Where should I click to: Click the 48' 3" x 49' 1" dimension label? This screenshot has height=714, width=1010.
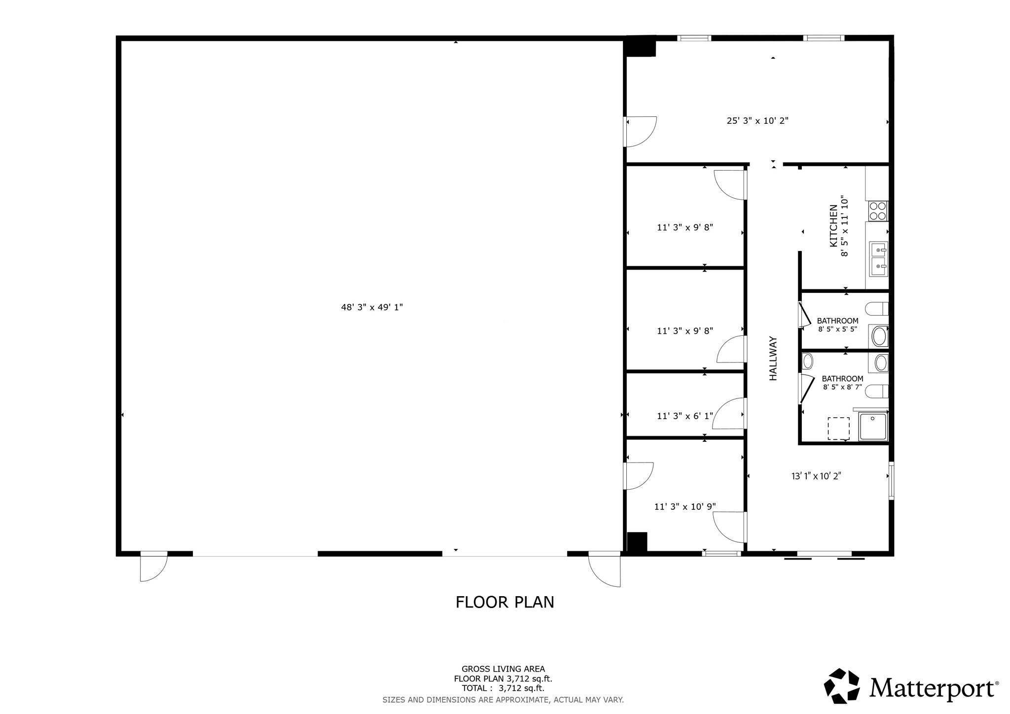click(372, 307)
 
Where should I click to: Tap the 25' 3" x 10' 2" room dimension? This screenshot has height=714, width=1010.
click(757, 120)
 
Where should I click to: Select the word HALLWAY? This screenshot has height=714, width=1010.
click(773, 358)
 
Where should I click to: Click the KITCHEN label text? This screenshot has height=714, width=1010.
click(833, 226)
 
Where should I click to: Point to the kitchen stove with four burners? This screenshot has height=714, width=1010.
click(878, 211)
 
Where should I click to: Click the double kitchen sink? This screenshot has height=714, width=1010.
click(878, 259)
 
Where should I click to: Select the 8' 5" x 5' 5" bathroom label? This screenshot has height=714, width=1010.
click(837, 325)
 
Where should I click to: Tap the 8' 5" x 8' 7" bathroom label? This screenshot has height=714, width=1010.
click(842, 383)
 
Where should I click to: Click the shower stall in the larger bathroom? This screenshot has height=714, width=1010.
click(873, 427)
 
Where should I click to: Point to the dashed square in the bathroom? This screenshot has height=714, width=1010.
click(838, 428)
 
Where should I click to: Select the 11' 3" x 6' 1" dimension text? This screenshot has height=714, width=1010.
click(685, 416)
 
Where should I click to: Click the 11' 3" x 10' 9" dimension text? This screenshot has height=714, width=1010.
click(685, 506)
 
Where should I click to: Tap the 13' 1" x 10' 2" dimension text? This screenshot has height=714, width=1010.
click(816, 476)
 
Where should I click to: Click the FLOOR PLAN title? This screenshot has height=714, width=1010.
click(505, 602)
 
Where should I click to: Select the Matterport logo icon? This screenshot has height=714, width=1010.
click(842, 686)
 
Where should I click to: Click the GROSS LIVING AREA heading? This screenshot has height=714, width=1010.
click(503, 669)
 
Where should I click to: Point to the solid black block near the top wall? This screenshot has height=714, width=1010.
click(640, 48)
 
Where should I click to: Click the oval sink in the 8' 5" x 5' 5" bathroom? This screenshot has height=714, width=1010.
click(879, 337)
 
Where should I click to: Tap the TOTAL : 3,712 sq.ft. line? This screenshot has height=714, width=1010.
click(503, 688)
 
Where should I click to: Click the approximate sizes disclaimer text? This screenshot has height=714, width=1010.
click(503, 700)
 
